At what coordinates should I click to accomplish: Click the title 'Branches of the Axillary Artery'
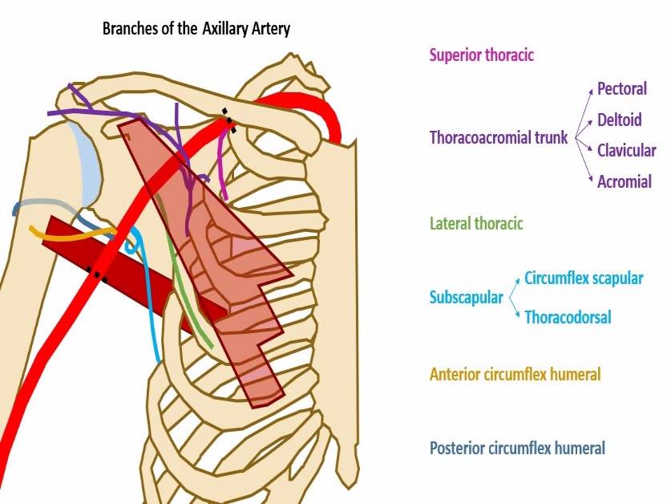(x=196, y=29)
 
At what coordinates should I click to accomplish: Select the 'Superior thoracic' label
(x=482, y=55)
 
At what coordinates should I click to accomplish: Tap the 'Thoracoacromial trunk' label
(x=499, y=137)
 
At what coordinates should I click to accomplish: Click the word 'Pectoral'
(x=622, y=89)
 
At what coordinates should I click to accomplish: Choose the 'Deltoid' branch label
(x=619, y=120)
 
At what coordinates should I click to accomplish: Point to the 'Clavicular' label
(x=626, y=150)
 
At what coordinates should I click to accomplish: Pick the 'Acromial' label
(x=625, y=181)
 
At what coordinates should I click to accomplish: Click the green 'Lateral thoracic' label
(x=476, y=223)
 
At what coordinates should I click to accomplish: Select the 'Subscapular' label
(x=466, y=297)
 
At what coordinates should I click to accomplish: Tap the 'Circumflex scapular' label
(x=584, y=278)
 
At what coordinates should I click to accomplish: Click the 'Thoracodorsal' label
(x=568, y=317)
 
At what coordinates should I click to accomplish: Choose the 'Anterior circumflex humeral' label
(x=515, y=374)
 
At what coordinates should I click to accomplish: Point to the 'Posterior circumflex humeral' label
(x=517, y=449)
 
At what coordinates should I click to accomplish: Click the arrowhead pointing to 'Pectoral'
(x=591, y=91)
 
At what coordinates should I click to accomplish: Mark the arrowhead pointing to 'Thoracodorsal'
(x=517, y=315)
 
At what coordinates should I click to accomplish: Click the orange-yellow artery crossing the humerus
(x=73, y=235)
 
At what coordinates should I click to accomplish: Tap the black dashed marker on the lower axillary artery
(x=97, y=274)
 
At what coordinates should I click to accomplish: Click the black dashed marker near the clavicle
(x=229, y=120)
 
